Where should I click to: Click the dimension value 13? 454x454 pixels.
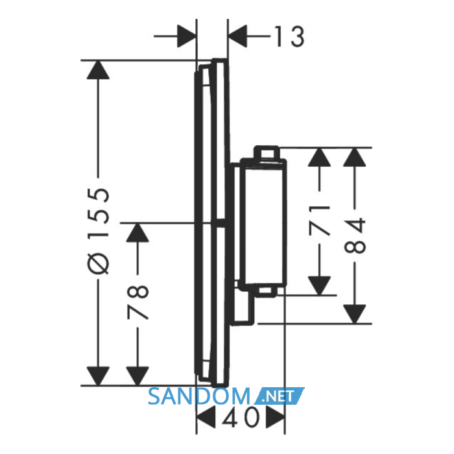tap(289, 36)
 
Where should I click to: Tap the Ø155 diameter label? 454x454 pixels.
tap(99, 231)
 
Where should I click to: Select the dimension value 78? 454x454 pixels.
tap(138, 302)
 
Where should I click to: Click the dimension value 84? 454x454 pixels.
tap(355, 235)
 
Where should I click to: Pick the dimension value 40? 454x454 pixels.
tap(241, 418)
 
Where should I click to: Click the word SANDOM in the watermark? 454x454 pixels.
tap(199, 397)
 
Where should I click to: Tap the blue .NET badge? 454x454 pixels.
tap(279, 396)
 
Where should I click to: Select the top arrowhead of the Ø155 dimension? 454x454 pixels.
tap(98, 69)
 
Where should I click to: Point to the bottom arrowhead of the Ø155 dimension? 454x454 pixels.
tap(98, 376)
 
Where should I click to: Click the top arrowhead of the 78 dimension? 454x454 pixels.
tap(137, 232)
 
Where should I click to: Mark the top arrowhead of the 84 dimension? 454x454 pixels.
tap(354, 157)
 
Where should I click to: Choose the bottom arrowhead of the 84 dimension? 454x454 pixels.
tap(354, 314)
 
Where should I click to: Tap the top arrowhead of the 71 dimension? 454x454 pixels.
tap(319, 157)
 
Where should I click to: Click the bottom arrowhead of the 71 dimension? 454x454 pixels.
tap(319, 286)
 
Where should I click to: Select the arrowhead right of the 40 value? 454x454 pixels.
tap(276, 417)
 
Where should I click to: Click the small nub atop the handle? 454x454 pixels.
tap(267, 152)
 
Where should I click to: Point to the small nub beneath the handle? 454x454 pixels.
tap(267, 292)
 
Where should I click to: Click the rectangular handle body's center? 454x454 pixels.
tap(263, 223)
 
